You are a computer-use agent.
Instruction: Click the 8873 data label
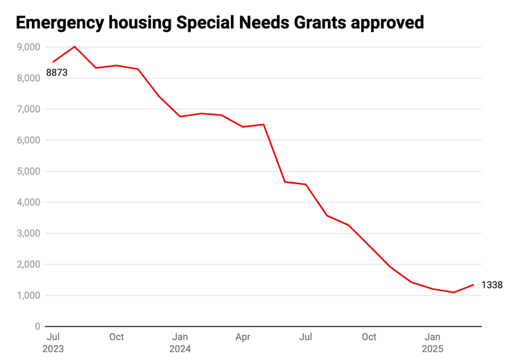pos(57,72)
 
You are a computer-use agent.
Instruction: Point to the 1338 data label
pos(492,285)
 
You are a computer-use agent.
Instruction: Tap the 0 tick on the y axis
pos(37,327)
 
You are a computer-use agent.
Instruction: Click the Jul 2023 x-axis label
pos(53,342)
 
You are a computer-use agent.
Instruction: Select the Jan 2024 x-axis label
pos(180,342)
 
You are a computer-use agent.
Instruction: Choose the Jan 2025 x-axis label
pos(433,342)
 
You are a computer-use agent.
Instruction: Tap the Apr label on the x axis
pos(243,337)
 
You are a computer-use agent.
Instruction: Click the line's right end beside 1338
pos(474,285)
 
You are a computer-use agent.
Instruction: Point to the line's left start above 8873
pos(53,62)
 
